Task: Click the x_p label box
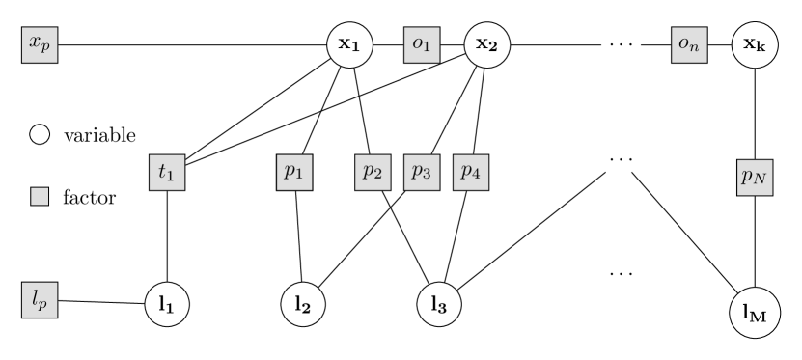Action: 40,45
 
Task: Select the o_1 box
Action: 422,45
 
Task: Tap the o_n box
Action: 689,45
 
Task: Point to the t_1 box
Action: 167,173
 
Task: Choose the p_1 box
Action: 294,173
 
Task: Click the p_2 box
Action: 373,173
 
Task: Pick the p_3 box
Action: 422,173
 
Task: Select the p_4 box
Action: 471,173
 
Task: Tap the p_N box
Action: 755,178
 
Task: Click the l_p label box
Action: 40,301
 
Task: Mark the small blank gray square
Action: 40,197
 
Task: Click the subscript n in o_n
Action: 694,48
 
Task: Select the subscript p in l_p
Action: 42,305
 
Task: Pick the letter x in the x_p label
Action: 35,43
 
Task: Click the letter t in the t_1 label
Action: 163,172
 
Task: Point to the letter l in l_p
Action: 36,299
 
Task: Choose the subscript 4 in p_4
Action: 477,176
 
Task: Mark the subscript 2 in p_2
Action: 378,176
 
